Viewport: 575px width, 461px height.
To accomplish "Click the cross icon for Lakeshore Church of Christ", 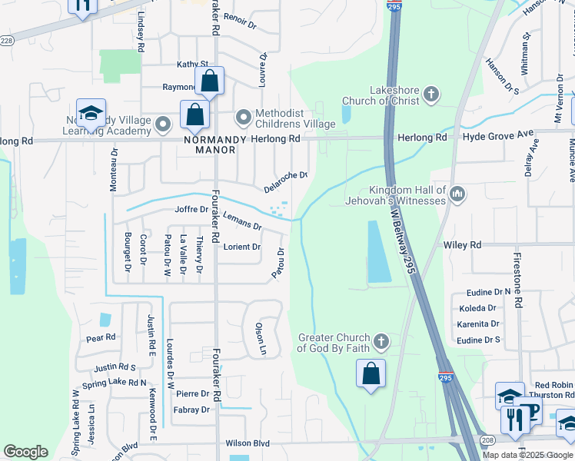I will (x=431, y=95).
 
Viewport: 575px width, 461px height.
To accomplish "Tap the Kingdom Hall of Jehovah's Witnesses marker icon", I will (x=458, y=193).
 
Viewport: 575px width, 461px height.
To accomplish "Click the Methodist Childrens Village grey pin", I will (x=244, y=118).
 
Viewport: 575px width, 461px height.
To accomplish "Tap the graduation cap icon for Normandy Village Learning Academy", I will (x=91, y=114).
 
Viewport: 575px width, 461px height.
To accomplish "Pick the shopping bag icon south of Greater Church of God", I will (x=371, y=373).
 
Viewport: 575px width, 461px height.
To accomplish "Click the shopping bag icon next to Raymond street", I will (x=209, y=80).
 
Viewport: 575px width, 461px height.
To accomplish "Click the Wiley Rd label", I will (x=462, y=245).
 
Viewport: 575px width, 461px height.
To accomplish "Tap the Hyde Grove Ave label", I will (x=497, y=136).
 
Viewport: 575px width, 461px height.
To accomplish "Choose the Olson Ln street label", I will (x=261, y=338).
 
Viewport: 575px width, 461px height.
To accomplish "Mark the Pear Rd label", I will (x=101, y=337).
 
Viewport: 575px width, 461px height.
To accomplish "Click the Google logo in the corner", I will (x=25, y=452).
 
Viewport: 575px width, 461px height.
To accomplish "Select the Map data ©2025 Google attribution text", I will (x=527, y=455).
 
